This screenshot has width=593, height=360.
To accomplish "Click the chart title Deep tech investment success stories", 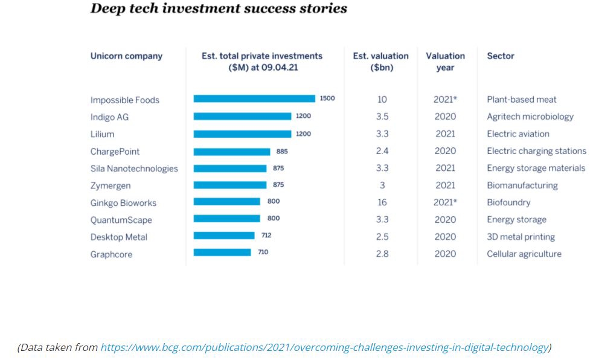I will [x=219, y=9].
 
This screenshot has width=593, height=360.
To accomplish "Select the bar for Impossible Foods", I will [x=254, y=98].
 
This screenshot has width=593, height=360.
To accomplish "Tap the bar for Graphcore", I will [x=222, y=252].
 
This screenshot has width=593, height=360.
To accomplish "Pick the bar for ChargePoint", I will [x=232, y=152].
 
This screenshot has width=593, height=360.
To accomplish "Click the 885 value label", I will [x=281, y=151].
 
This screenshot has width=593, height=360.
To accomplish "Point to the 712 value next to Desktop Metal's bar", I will [x=266, y=236].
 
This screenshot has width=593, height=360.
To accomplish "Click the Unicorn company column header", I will [x=126, y=56].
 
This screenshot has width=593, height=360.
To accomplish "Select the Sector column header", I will [x=501, y=56].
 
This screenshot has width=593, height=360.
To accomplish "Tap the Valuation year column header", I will [x=445, y=62].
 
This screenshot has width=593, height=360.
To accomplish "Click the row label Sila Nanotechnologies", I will [x=134, y=169].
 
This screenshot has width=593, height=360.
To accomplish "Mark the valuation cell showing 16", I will [x=382, y=202].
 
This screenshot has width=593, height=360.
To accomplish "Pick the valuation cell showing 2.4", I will [x=382, y=151].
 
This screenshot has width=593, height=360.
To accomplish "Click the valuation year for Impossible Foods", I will [x=445, y=100].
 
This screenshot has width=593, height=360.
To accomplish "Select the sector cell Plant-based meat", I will [x=522, y=100].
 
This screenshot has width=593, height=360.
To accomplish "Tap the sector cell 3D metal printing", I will [x=521, y=237].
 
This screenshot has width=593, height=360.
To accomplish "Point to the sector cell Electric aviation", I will [x=518, y=134].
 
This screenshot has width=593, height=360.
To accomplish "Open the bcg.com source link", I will [x=325, y=347].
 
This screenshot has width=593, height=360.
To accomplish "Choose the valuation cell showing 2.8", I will [x=382, y=254].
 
